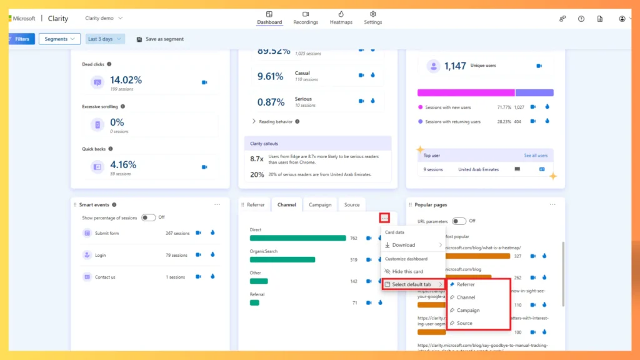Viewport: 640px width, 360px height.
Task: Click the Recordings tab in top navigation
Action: tap(306, 18)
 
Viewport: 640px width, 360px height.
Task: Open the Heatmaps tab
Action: tap(341, 18)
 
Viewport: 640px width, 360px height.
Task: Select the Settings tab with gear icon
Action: tap(372, 18)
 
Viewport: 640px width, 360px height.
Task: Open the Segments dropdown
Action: tap(59, 39)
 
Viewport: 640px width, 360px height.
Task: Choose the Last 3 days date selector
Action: tap(104, 39)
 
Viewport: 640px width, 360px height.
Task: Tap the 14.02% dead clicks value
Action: tap(126, 80)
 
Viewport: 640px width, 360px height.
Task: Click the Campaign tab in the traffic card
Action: tap(320, 204)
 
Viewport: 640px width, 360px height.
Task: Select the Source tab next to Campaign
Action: tap(352, 204)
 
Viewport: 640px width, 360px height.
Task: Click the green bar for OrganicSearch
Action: tap(282, 259)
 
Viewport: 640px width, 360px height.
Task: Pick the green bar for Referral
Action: tap(254, 302)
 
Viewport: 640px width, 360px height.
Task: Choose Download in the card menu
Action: tap(404, 245)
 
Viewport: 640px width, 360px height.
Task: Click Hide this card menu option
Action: tap(407, 272)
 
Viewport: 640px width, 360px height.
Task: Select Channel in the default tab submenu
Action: tap(466, 297)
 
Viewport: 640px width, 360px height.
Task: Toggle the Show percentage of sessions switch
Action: tap(148, 217)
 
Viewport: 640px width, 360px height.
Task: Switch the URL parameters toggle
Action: tap(459, 221)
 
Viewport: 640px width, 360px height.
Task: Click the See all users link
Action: tap(535, 156)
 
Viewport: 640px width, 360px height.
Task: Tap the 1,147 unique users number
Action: tap(455, 66)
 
